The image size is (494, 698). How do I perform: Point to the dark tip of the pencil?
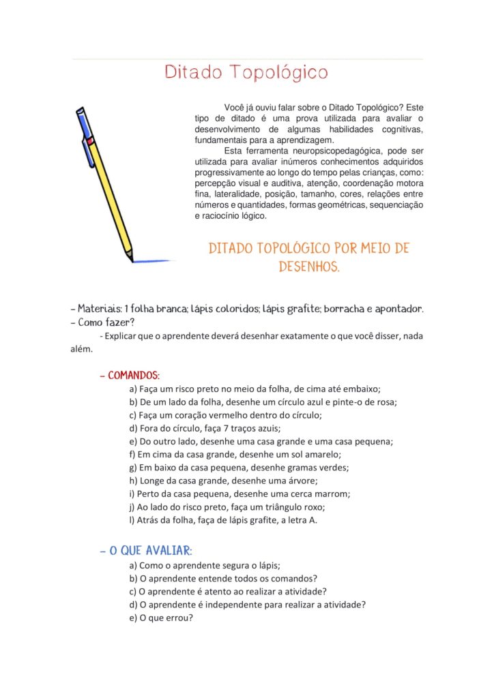point(130,258)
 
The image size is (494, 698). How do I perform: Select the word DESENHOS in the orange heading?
point(308,267)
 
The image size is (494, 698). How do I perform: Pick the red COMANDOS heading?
point(134,376)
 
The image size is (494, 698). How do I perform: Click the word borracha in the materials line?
point(345,309)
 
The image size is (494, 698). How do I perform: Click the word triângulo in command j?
point(282,507)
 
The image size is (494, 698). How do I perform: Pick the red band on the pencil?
point(89,141)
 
